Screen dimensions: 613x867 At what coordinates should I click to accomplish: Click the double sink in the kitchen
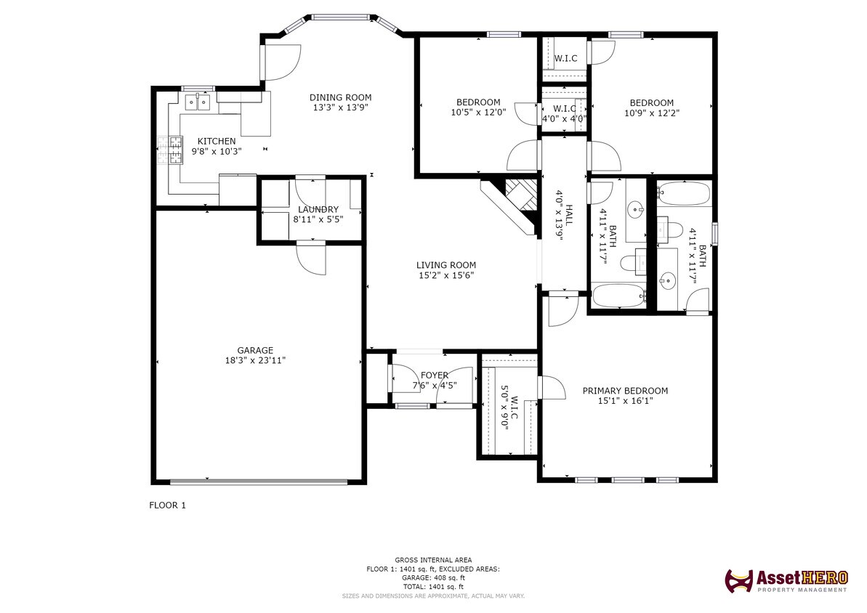(x=196, y=102)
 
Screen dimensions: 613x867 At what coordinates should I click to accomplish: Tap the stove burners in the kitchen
(x=174, y=151)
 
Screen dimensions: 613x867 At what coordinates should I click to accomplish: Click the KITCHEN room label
(x=217, y=141)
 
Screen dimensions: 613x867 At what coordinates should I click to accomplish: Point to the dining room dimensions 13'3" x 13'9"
(x=340, y=107)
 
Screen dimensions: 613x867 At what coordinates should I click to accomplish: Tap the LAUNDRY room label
(x=318, y=209)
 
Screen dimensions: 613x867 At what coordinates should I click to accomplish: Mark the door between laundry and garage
(x=311, y=258)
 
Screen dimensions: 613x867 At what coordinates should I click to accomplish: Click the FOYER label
(x=435, y=375)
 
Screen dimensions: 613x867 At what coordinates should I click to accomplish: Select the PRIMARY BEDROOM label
(x=625, y=391)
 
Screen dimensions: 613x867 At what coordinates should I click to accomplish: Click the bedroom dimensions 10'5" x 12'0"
(x=478, y=113)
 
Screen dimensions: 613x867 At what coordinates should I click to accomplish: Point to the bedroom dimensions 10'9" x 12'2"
(x=651, y=113)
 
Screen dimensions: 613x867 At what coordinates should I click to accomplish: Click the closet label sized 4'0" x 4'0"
(x=564, y=118)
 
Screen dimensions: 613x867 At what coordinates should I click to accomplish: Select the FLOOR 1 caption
(x=167, y=506)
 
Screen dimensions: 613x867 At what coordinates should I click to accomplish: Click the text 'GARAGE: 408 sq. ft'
(x=433, y=577)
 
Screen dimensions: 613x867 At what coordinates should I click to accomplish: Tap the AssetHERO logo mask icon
(x=738, y=580)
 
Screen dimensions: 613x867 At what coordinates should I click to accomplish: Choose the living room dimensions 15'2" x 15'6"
(x=445, y=275)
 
